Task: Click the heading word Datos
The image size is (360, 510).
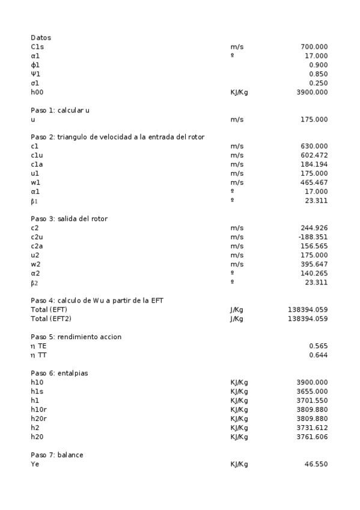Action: click(x=41, y=37)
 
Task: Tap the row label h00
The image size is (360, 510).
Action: click(x=37, y=93)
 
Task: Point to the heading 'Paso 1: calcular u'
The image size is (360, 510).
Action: click(x=60, y=111)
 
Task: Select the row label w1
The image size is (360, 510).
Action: click(x=35, y=182)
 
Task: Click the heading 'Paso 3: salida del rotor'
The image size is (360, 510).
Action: click(x=69, y=219)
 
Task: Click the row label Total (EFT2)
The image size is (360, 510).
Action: click(x=50, y=319)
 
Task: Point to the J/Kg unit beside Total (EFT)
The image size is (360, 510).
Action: click(x=237, y=310)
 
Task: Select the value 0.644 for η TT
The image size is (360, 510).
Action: click(x=318, y=355)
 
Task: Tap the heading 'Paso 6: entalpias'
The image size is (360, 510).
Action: click(x=59, y=373)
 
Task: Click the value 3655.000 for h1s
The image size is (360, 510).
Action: click(x=312, y=392)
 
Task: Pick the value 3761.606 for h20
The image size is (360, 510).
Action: click(x=312, y=437)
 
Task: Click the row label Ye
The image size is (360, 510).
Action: click(x=35, y=464)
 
